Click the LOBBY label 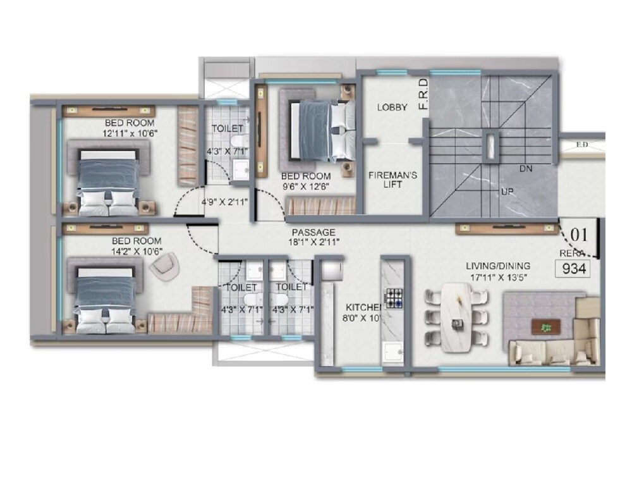point(392,107)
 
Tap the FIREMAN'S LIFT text point(392,180)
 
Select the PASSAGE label point(313,233)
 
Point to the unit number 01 point(579,235)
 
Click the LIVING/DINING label point(499,266)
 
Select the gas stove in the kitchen point(395,297)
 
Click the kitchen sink point(394,352)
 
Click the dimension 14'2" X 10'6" point(137,251)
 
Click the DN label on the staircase point(525,169)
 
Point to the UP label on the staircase point(506,191)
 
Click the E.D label point(582,145)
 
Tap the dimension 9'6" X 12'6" point(307,186)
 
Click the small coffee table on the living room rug point(545,327)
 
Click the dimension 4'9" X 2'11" point(224,202)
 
